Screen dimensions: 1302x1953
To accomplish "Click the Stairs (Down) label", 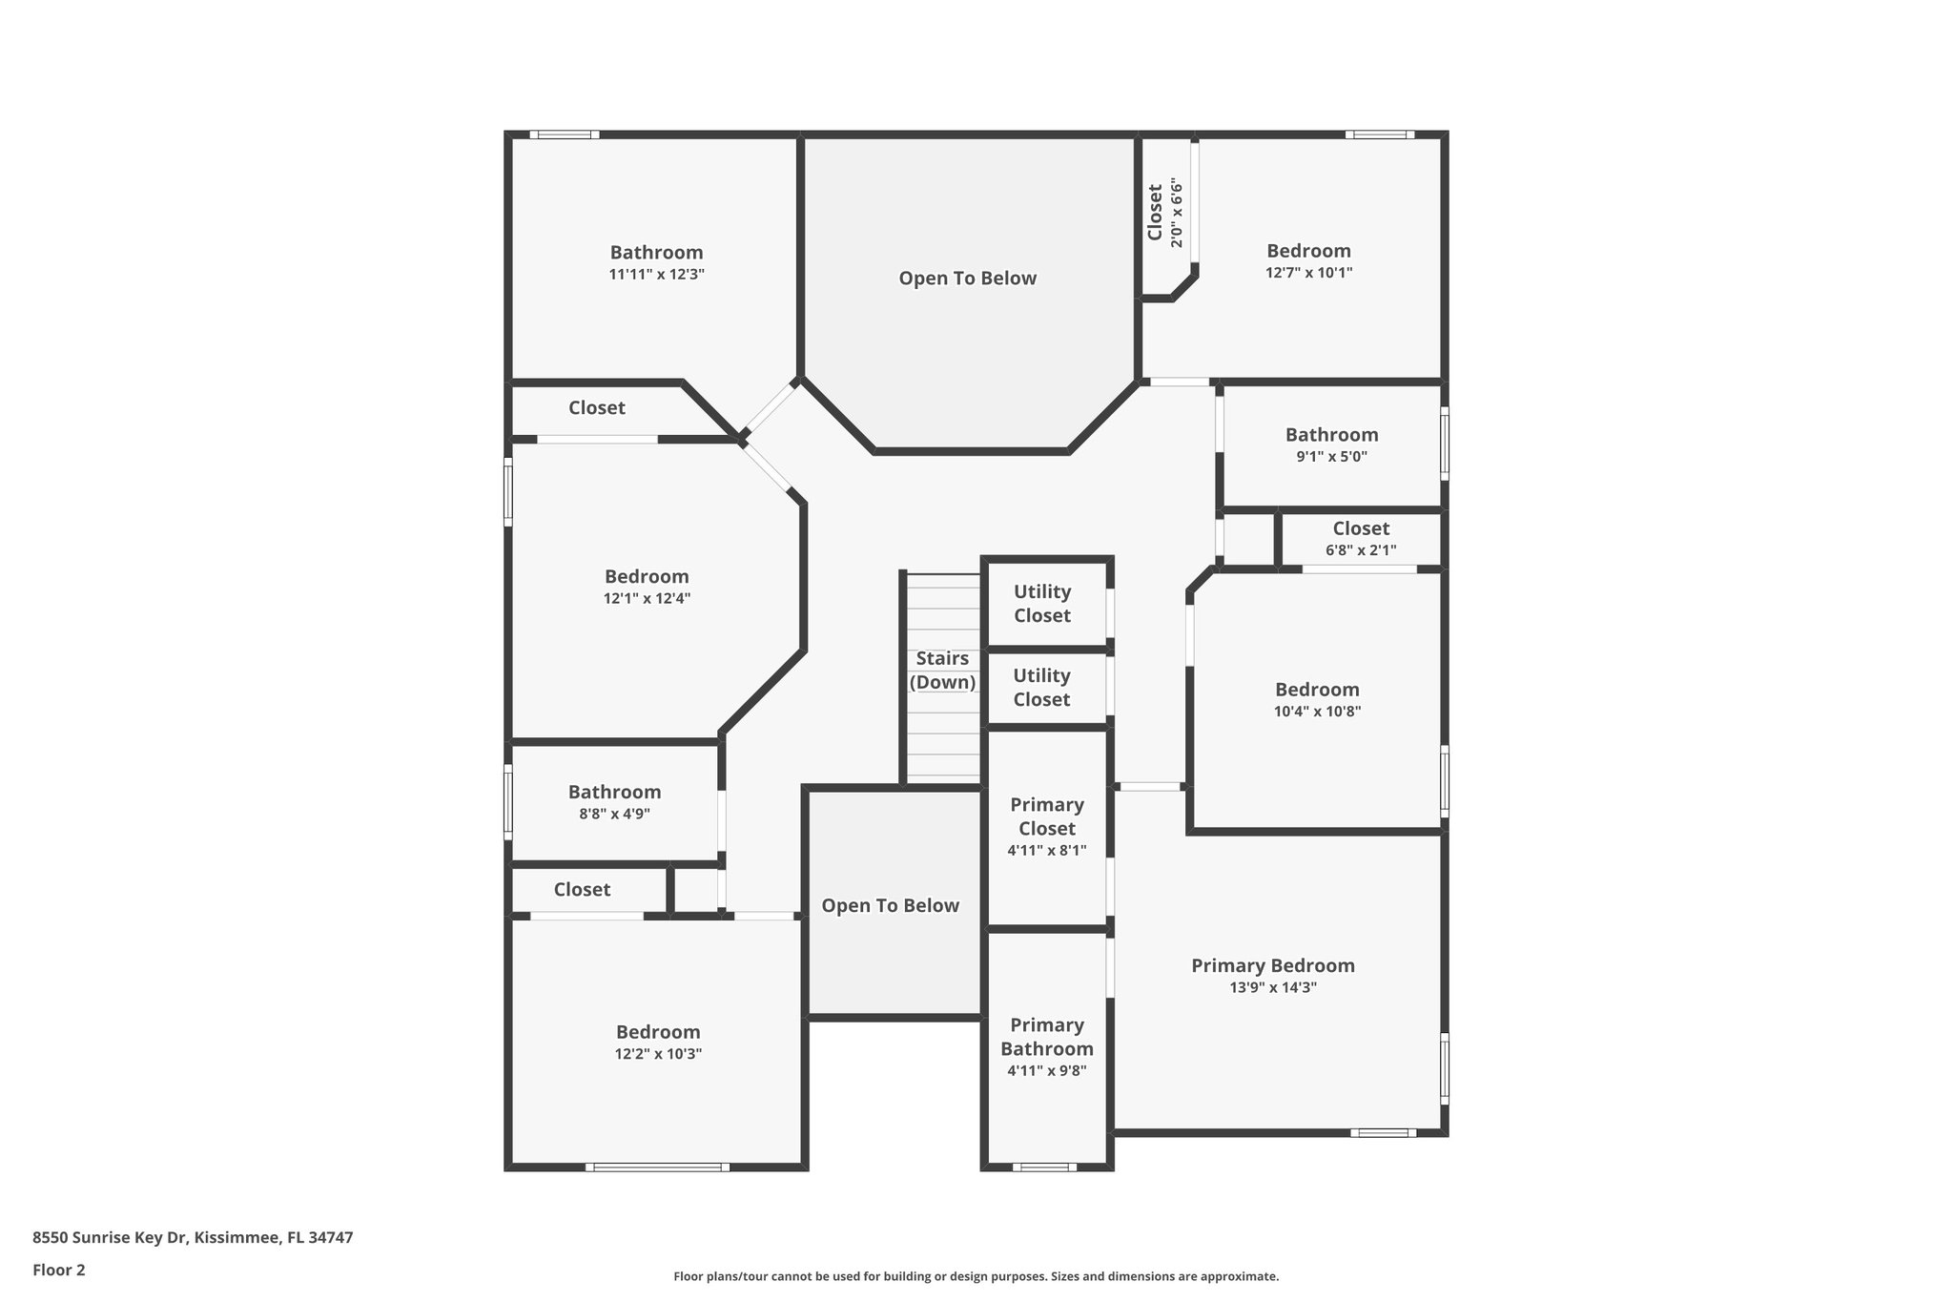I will coord(942,670).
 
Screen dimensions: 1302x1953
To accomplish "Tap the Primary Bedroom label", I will coord(1272,965).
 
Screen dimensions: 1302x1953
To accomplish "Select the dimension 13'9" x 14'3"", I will coord(1272,988).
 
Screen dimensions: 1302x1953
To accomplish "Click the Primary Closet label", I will coord(1046,816).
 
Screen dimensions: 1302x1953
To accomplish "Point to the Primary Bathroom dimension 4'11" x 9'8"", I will coord(1046,1071).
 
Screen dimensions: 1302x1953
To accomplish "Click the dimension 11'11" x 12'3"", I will coord(656,275).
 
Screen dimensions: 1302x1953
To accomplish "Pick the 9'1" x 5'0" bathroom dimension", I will coord(1331,457).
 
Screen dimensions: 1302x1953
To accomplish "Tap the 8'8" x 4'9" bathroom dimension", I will coord(614,815).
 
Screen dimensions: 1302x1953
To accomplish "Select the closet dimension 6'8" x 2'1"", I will coord(1360,550).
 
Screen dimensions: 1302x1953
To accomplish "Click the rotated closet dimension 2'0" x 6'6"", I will coord(1177,214).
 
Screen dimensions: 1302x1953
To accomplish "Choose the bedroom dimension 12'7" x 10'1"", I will coord(1308,273).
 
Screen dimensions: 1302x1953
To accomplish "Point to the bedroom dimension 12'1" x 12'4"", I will coord(647,599).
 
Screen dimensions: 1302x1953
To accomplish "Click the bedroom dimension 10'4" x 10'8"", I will coord(1317,712).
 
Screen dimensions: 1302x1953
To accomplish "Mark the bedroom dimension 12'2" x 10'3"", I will coord(658,1054).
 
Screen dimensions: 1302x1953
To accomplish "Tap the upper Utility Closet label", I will coord(1042,604).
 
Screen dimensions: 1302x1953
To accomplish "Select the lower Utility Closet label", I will coord(1041,688).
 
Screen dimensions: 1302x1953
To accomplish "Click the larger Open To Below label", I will coord(967,279).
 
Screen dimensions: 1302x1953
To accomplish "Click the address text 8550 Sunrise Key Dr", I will coord(111,1238).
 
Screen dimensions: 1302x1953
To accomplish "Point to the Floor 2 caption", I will coord(59,1270).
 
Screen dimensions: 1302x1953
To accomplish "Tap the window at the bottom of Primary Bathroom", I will coord(1044,1167).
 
